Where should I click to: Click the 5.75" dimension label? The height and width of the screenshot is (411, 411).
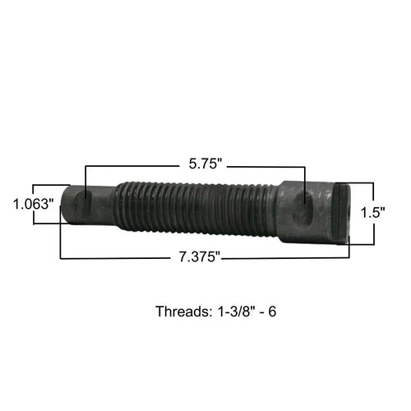[x=205, y=164]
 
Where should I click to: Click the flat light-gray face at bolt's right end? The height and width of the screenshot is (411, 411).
[x=344, y=212]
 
